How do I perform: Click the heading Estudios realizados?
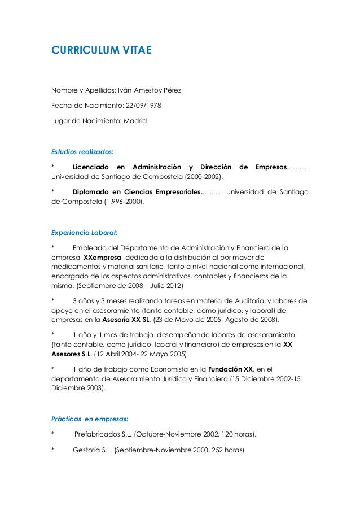pos(82,151)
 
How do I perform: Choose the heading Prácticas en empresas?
pos(90,419)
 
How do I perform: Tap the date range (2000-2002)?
pos(200,177)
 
